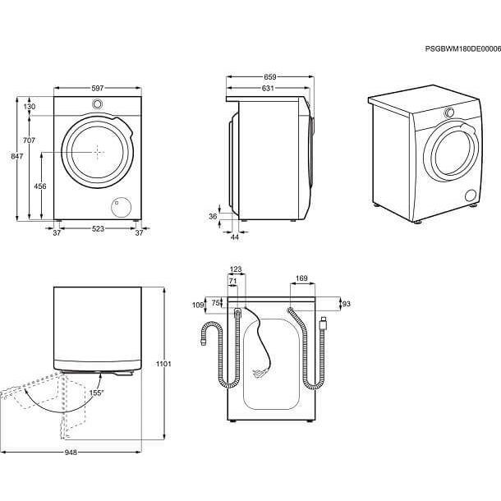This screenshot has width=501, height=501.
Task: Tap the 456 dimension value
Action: point(39,186)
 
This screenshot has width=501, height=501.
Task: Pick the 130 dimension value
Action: point(30,107)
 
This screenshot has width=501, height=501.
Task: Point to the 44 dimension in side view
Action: point(234,237)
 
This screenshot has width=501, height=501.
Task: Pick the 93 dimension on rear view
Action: point(347,304)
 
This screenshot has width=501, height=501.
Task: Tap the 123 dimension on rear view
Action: point(236,269)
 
